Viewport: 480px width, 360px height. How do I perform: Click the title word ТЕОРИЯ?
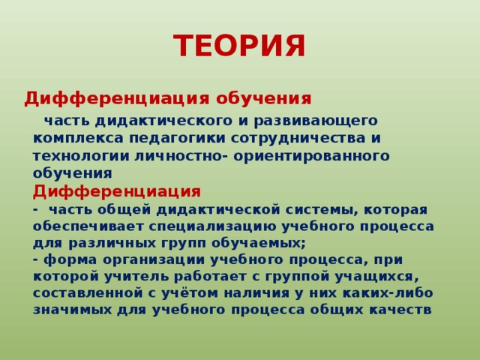[239, 46]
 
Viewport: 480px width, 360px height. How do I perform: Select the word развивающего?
[323, 120]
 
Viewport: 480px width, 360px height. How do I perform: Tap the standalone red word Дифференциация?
[116, 190]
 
